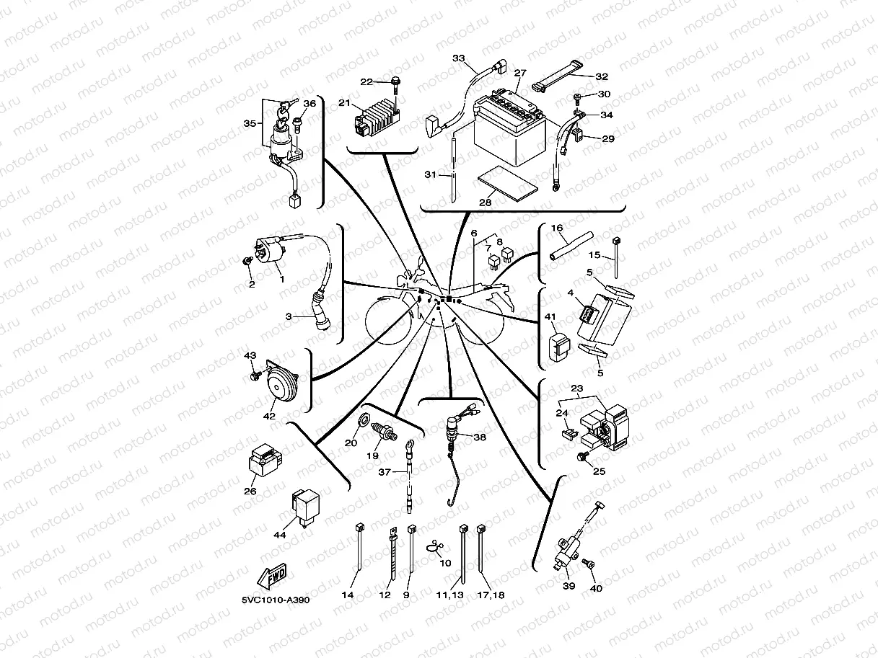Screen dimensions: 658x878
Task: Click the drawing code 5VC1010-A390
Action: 276,600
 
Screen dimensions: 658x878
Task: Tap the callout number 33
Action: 459,58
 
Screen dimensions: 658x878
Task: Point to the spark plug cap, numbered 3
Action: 322,317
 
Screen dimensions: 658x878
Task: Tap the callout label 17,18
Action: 491,595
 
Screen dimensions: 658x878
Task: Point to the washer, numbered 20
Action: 364,419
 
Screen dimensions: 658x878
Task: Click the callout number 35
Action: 250,123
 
